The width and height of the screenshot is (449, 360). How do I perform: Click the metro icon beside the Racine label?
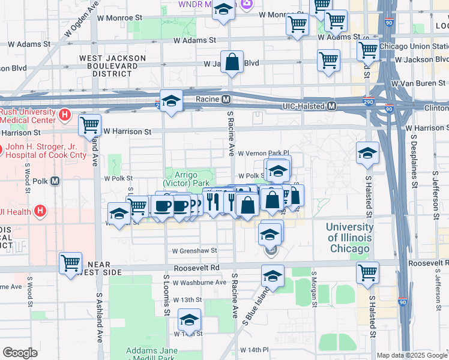tap(226, 99)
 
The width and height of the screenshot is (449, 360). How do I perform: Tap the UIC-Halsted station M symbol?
tap(331, 106)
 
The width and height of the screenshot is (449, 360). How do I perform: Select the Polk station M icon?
tap(55, 181)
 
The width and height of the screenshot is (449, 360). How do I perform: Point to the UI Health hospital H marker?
tap(40, 211)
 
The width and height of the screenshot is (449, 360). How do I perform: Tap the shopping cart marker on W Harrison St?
tap(90, 125)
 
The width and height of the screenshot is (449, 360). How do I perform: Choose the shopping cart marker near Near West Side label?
tap(71, 262)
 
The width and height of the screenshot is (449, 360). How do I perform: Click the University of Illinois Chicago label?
tap(349, 238)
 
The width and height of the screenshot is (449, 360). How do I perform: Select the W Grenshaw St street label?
tap(194, 251)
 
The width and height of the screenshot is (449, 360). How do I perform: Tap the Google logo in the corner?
tap(20, 353)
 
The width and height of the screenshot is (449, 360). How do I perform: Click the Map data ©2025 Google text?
tap(412, 355)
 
